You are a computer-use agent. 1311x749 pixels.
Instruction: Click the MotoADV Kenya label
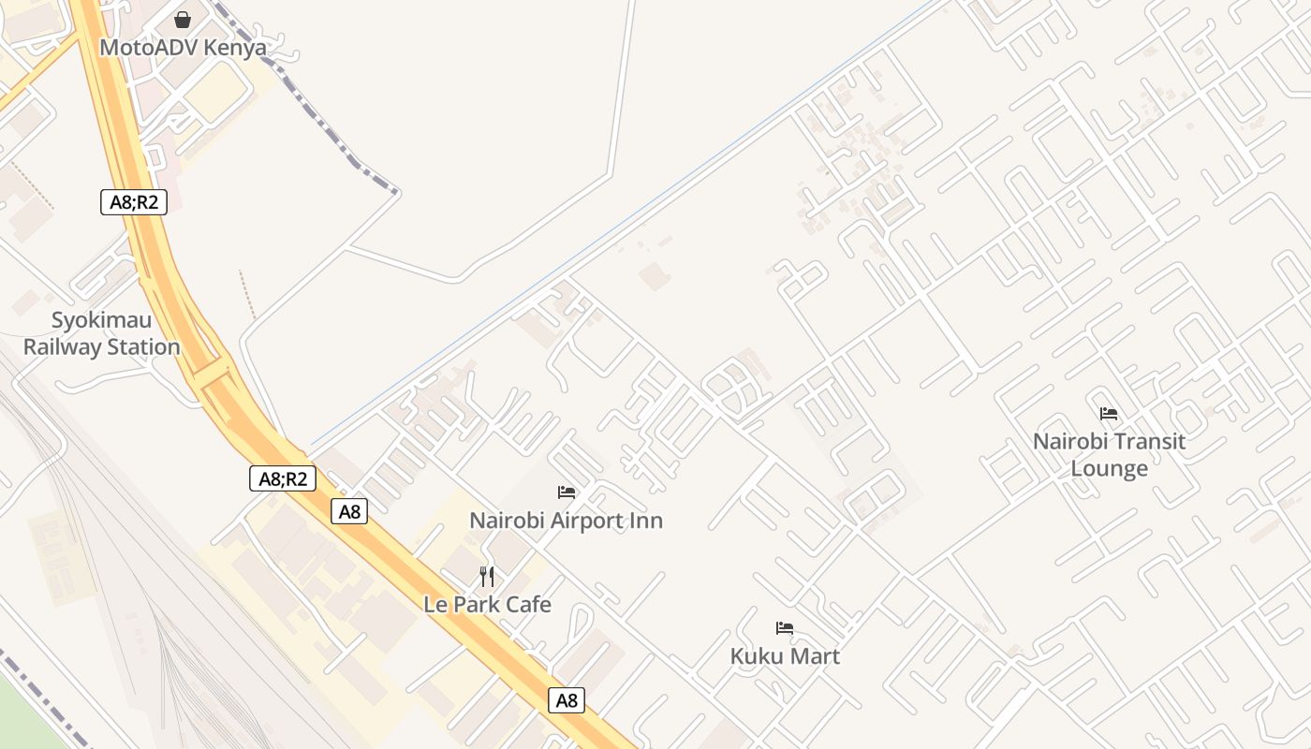[x=183, y=48]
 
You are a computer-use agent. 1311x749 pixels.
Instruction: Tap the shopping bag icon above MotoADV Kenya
[x=183, y=20]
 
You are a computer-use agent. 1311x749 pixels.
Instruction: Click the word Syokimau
[x=101, y=320]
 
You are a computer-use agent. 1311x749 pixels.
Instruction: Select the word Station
[x=142, y=347]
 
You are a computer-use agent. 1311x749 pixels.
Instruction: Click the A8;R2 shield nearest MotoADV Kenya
[x=134, y=201]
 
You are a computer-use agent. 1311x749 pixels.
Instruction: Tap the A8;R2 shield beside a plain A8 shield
[x=283, y=478]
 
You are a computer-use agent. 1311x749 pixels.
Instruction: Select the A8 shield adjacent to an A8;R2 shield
[x=349, y=511]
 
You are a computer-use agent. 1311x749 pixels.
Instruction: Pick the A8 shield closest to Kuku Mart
[x=567, y=700]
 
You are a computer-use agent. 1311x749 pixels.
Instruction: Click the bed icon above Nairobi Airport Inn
[x=567, y=492]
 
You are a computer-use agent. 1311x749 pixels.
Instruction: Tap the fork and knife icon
[x=487, y=577]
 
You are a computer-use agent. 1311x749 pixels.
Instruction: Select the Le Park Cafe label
[x=487, y=605]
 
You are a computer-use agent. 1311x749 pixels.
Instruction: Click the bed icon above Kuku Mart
[x=785, y=628]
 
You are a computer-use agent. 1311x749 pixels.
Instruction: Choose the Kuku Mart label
[x=785, y=656]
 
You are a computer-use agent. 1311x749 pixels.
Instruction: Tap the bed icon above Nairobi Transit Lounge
[x=1109, y=414]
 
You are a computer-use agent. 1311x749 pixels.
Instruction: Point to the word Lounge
[x=1109, y=468]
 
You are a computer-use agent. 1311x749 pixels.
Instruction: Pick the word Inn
[x=645, y=521]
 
